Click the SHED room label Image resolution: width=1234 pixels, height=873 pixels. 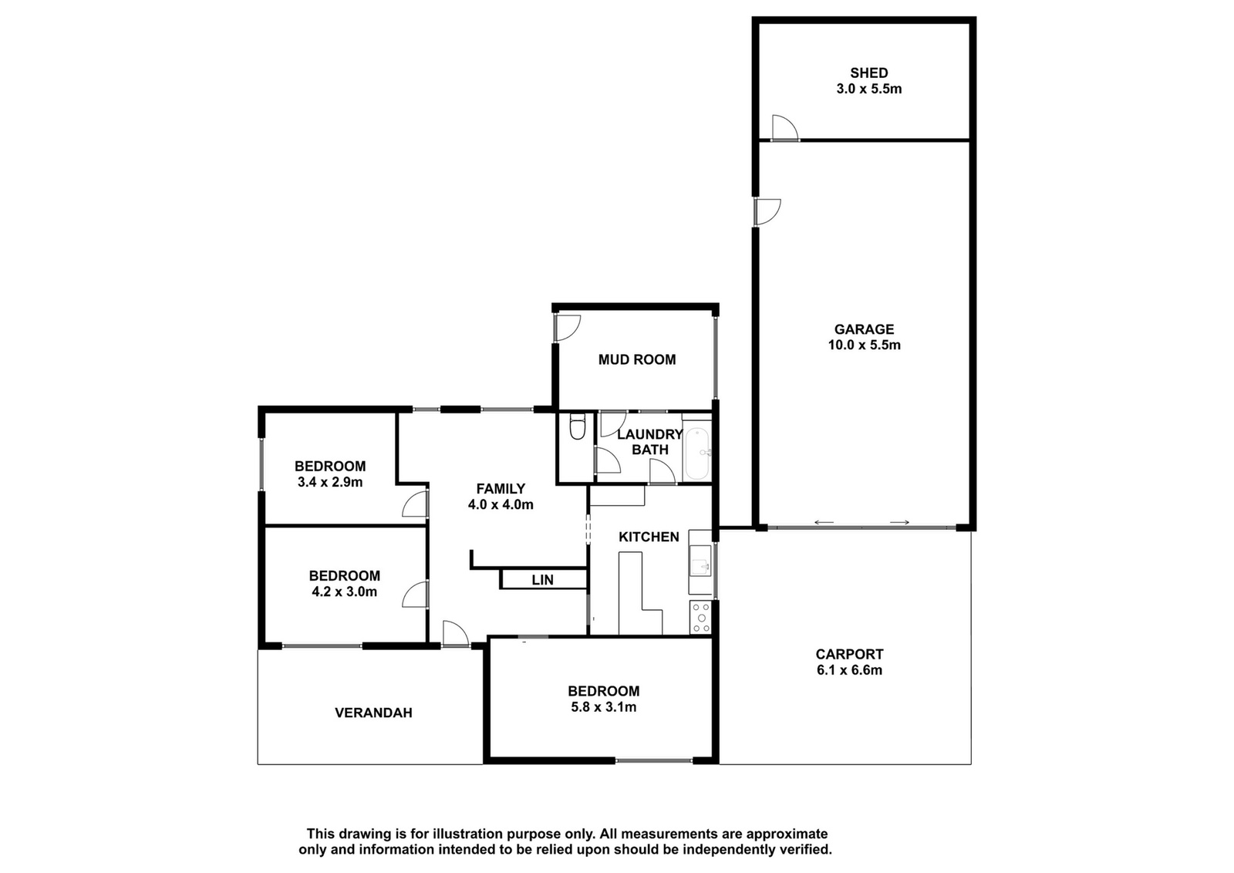tap(868, 72)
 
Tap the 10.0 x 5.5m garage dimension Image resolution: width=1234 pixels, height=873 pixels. tap(864, 345)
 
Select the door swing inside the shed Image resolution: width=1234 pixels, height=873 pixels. tap(785, 128)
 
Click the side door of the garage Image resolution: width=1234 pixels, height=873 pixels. tap(767, 211)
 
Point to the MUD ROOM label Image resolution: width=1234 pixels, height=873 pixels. tap(637, 359)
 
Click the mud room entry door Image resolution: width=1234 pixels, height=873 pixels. tap(568, 328)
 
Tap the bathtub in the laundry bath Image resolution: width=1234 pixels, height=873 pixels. tap(697, 453)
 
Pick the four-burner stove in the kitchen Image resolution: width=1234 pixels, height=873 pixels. tap(701, 617)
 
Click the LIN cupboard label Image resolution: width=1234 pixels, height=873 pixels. tap(543, 580)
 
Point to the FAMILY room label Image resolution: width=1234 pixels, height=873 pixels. tap(501, 488)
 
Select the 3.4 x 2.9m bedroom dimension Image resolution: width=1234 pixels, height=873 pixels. tap(330, 483)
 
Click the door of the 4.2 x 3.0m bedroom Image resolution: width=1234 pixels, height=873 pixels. tap(416, 595)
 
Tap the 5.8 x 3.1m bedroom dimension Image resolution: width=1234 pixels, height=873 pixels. tap(604, 706)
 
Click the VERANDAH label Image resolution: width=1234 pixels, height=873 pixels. tap(373, 713)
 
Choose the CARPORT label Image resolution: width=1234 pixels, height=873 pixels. tap(849, 654)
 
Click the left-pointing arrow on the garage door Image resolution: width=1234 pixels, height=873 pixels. tap(824, 523)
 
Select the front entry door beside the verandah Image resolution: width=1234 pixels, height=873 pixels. tap(456, 633)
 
